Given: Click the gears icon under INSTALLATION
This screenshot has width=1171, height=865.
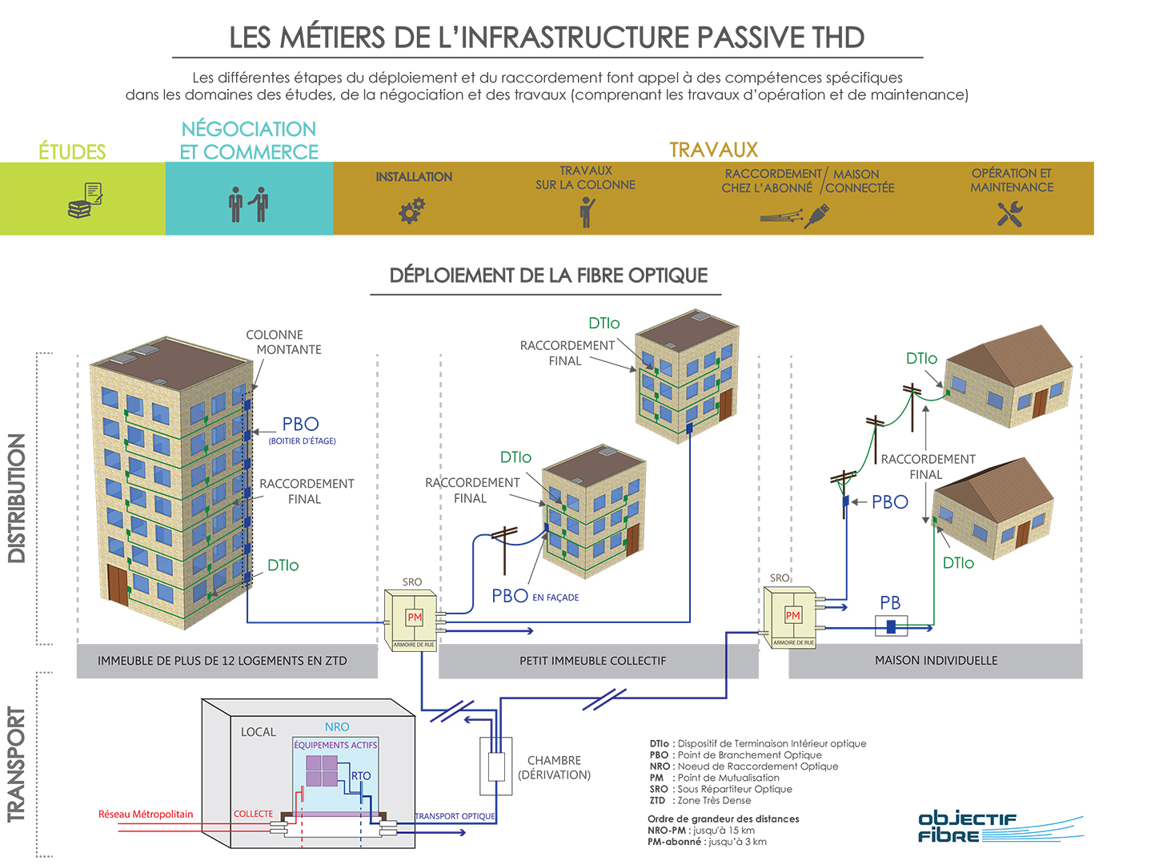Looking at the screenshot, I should tap(412, 211).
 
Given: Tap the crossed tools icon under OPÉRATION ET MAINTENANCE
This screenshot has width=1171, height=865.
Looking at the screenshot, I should tap(1010, 214).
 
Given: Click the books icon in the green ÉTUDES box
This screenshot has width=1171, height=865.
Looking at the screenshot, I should tap(85, 201).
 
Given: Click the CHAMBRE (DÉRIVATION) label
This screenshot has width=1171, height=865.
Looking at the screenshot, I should tap(554, 767).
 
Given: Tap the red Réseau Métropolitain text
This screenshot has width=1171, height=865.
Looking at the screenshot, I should tap(146, 815).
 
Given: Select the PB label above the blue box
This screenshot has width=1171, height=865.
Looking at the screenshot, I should tap(890, 602).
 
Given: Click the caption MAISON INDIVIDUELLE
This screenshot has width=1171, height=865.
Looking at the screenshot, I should tap(936, 661).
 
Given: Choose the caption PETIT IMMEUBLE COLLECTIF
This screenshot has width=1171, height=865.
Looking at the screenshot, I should tap(592, 661).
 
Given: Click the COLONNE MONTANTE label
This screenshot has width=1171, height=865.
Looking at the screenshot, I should tap(283, 342).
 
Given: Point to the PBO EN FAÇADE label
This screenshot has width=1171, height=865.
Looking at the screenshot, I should tap(535, 596).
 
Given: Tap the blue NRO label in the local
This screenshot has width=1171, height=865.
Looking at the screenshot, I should tap(337, 727).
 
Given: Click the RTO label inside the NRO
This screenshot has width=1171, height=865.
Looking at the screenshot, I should tap(361, 776).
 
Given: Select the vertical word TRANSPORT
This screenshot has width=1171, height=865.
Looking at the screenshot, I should tap(17, 764).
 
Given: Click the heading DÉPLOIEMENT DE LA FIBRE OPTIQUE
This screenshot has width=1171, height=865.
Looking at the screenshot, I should tap(548, 276).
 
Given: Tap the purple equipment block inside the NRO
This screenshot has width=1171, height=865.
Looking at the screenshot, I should tap(323, 770).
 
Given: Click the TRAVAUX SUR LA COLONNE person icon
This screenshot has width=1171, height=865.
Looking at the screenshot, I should tap(587, 212).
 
